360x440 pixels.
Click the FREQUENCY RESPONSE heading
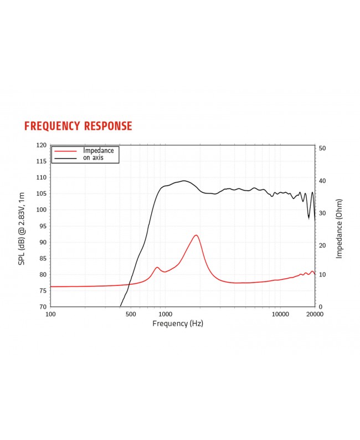[78, 126]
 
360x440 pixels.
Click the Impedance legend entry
[98, 150]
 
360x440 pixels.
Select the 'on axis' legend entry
[93, 158]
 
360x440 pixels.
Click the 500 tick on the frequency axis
[131, 314]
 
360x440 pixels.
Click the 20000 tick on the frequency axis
[315, 314]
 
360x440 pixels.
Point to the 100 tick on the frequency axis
[50, 314]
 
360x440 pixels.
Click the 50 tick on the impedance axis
[322, 149]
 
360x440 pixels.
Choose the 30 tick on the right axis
[322, 213]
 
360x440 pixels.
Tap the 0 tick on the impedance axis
[321, 306]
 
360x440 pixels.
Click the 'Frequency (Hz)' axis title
[178, 323]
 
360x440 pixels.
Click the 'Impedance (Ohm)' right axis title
[339, 228]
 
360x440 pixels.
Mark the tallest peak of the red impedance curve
[196, 235]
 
